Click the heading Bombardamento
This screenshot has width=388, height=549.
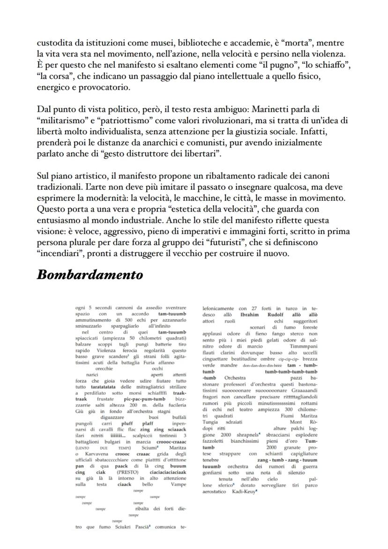tap(90, 275)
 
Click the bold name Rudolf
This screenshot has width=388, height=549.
tap(275, 315)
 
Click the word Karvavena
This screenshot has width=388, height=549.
tap(95, 455)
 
